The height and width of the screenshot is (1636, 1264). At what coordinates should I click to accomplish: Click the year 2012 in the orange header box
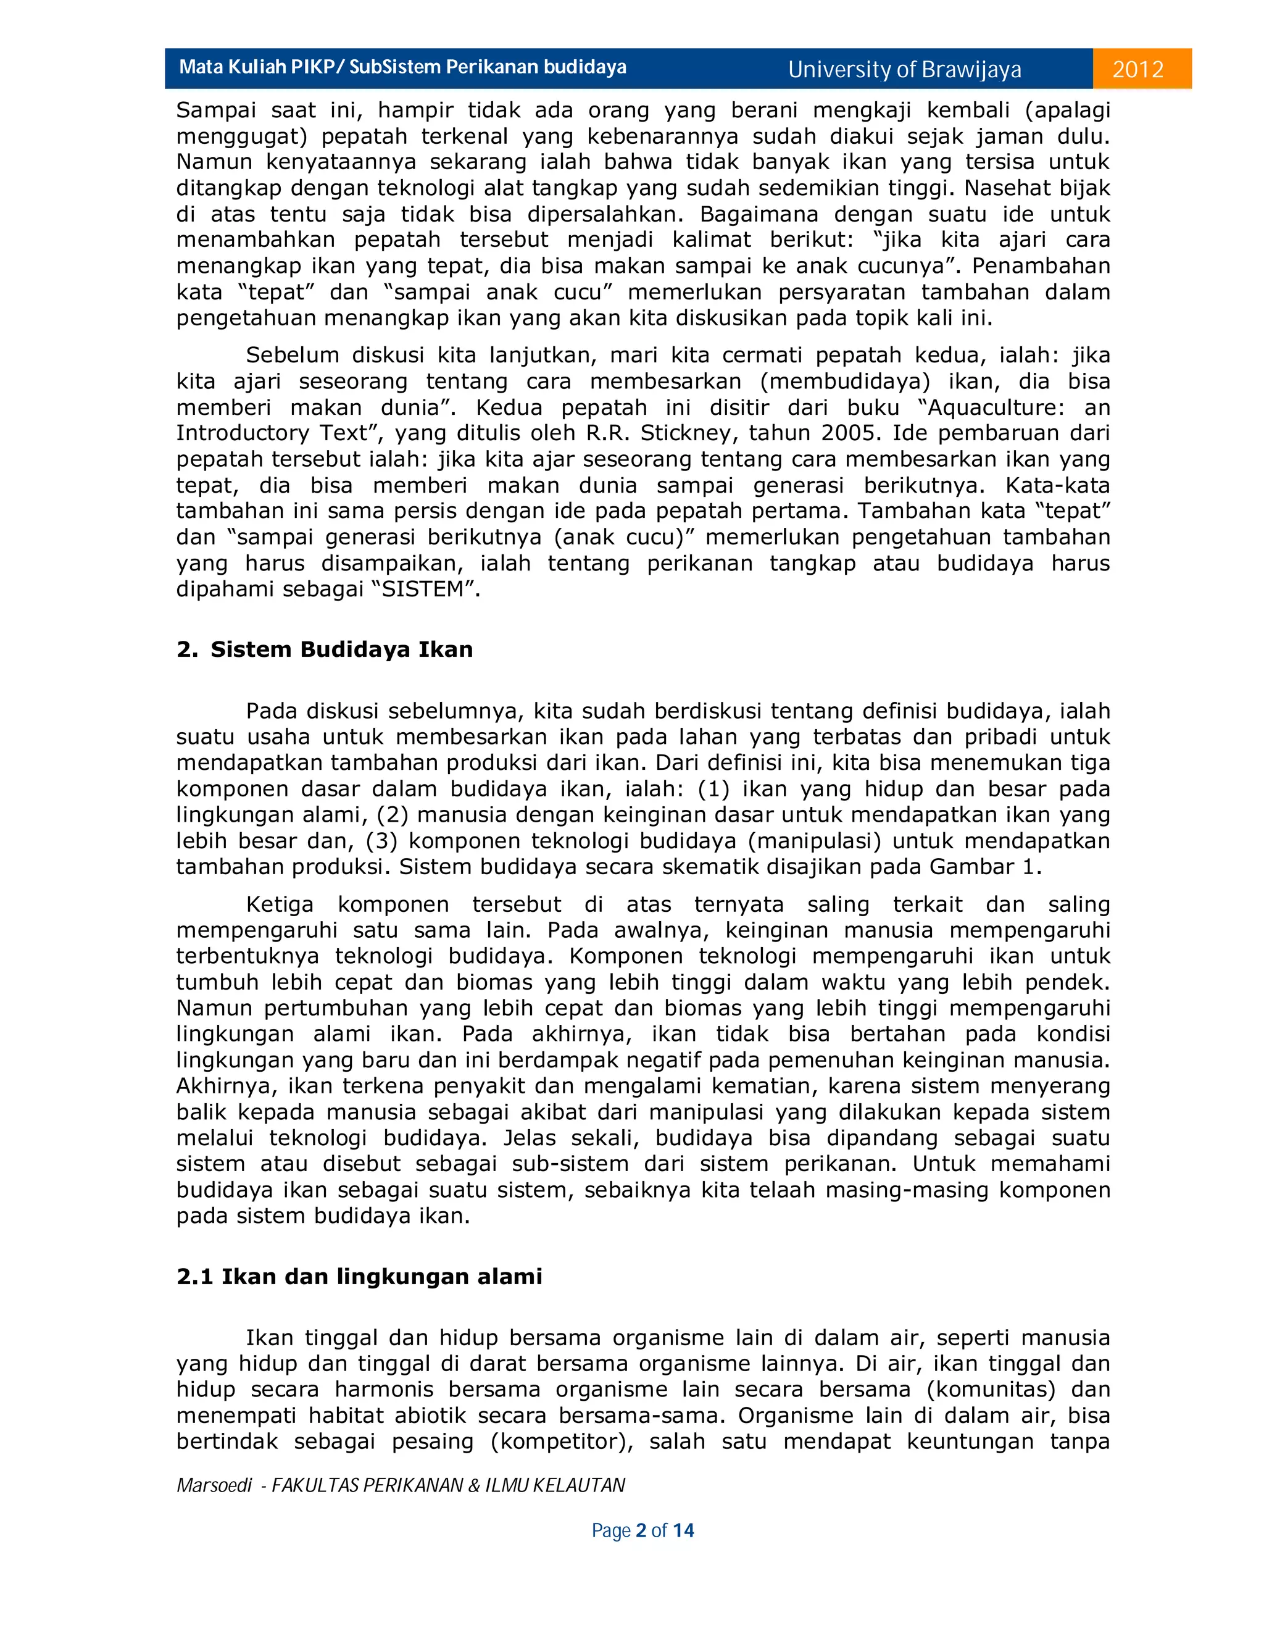[x=1137, y=70]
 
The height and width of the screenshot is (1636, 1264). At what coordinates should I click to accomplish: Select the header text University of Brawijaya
[x=905, y=70]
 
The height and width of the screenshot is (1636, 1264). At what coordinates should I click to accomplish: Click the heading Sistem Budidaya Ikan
[x=341, y=649]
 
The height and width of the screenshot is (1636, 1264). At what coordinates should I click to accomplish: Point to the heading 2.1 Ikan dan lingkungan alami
[x=359, y=1275]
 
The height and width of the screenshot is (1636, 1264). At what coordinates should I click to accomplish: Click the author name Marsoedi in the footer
[x=214, y=1485]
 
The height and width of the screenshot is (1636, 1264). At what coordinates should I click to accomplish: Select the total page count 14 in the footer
[x=683, y=1530]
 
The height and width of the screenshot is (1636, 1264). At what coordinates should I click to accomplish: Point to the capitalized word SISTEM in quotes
[x=422, y=590]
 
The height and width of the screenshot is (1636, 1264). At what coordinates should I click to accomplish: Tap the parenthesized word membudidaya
[x=846, y=382]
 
